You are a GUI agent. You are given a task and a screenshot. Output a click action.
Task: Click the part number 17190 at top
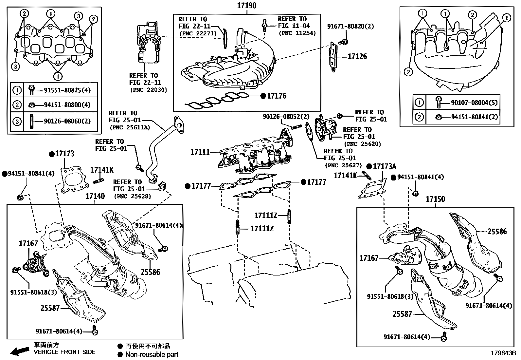click(247, 5)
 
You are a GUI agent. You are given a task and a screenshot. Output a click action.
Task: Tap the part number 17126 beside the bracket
click(357, 57)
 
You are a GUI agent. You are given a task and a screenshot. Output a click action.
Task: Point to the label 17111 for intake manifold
click(200, 152)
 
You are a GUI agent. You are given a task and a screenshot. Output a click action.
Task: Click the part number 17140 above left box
click(95, 196)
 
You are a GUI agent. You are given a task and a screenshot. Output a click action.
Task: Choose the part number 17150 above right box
click(435, 199)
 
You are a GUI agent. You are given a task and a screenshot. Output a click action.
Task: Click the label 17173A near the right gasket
click(385, 166)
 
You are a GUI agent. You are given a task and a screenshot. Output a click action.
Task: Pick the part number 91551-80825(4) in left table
click(67, 90)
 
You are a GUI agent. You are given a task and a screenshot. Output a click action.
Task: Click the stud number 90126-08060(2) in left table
click(67, 121)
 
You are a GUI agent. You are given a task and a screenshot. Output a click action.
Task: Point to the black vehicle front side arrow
click(19, 351)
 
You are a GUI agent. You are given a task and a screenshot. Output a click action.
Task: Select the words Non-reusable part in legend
click(152, 354)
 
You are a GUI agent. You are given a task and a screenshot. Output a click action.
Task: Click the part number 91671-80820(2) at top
click(350, 26)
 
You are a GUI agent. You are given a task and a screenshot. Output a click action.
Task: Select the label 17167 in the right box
click(369, 258)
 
